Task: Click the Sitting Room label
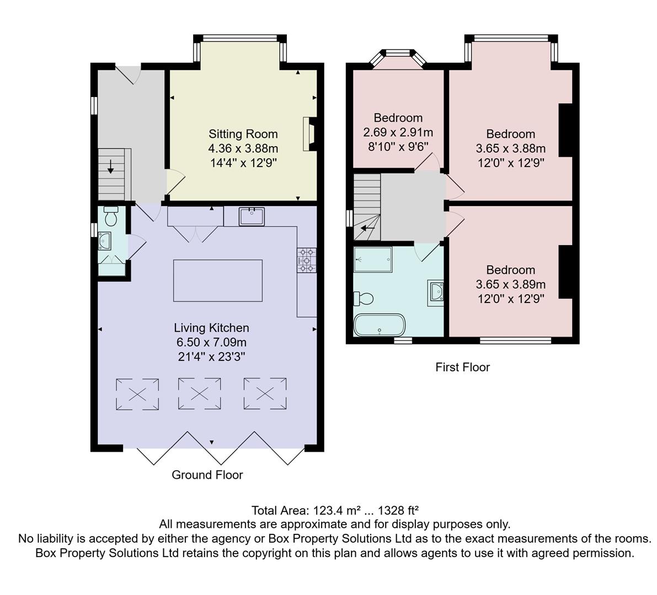point(243,134)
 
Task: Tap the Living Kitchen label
point(211,328)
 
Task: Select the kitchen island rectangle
point(217,280)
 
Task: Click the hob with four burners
point(307,260)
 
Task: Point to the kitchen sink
point(252,217)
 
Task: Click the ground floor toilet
point(111,217)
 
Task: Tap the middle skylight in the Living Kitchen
point(199,393)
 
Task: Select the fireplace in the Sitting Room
point(309,134)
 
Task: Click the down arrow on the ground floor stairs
point(111,166)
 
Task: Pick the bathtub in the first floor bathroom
point(380,325)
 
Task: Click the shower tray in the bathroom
point(373,259)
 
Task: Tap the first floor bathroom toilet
point(364,299)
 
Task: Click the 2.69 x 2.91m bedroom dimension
point(398,132)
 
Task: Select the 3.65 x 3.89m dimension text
point(510,284)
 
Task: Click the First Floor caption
point(462,367)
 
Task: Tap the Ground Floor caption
point(207,475)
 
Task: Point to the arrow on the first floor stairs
point(368,228)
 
